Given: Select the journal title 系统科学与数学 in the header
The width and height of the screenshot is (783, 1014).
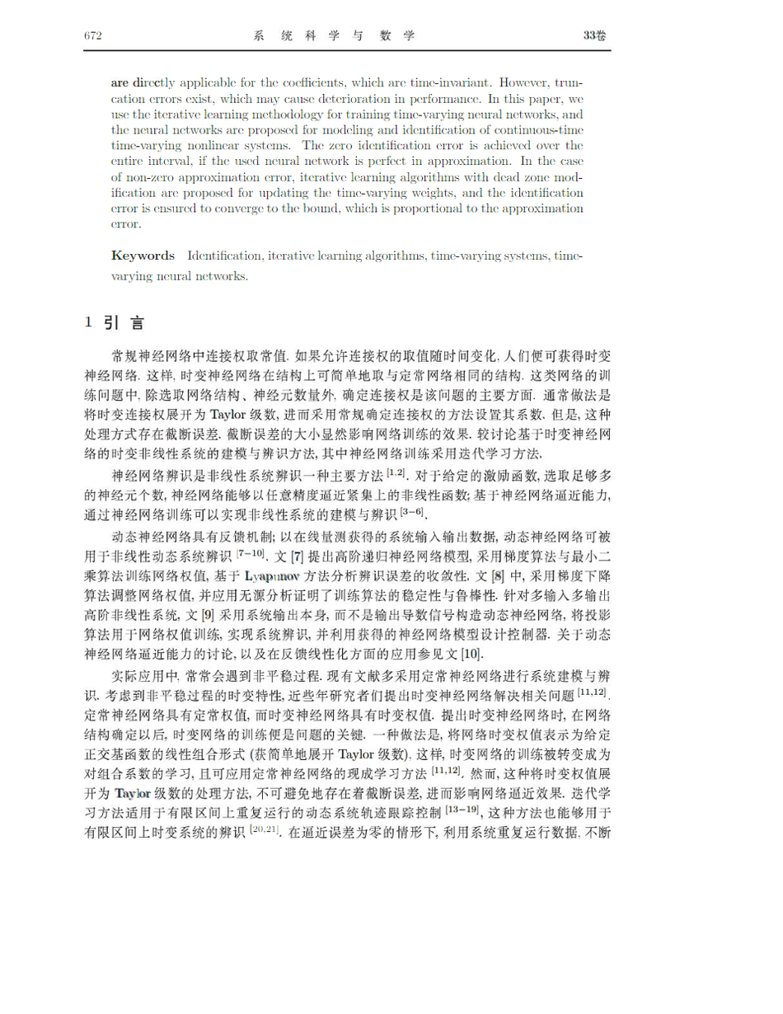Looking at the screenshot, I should click(334, 36).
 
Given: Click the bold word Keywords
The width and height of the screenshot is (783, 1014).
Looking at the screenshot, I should click(143, 256).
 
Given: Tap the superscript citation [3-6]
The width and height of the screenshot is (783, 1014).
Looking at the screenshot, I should click(411, 512).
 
